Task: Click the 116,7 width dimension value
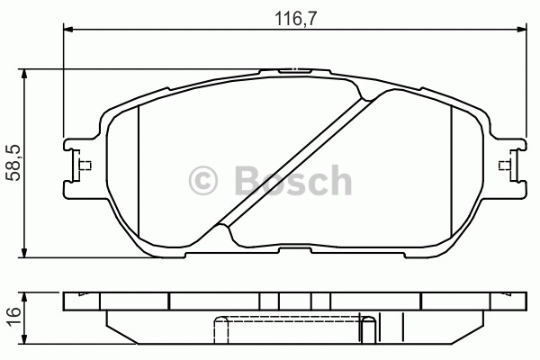pos(295,18)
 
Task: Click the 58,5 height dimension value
pos(14,163)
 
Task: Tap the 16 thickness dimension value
pos(13,317)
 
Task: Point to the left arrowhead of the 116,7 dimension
pos(68,30)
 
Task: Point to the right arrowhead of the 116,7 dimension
pos(522,30)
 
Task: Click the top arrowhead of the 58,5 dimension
pos(23,75)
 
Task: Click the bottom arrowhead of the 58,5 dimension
pos(23,252)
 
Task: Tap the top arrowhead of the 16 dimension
pos(23,298)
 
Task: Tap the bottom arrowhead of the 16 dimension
pos(23,338)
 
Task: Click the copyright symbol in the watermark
pos(203,181)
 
